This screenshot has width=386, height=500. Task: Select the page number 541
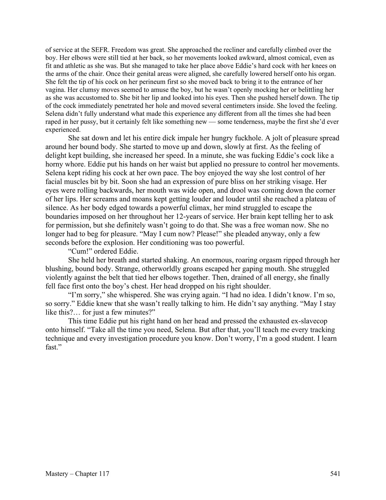[x=335, y=474]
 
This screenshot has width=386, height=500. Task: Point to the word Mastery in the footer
[x=56, y=474]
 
